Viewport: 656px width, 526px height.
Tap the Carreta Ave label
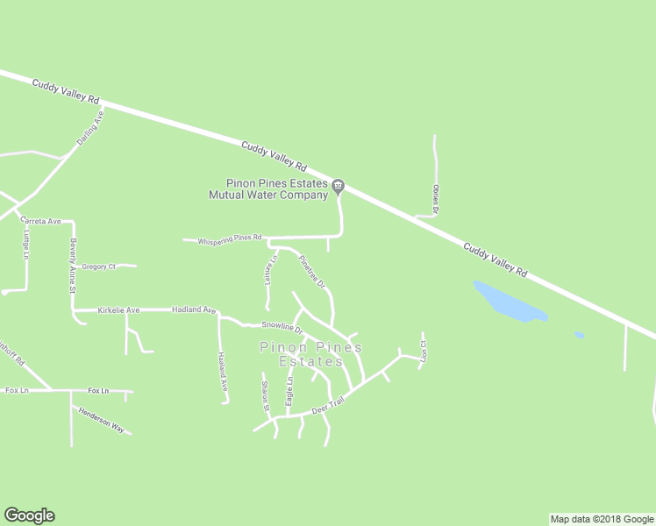pyautogui.click(x=41, y=222)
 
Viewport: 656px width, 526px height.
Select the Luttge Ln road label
pyautogui.click(x=27, y=244)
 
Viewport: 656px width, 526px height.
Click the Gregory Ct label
pyautogui.click(x=98, y=267)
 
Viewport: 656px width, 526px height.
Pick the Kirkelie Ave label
pyautogui.click(x=118, y=310)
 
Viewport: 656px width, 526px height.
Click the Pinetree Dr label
pyautogui.click(x=312, y=272)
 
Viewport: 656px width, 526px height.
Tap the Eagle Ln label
pyautogui.click(x=289, y=391)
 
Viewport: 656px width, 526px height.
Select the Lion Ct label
pyautogui.click(x=424, y=350)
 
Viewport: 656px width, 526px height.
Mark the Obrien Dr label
pyautogui.click(x=435, y=199)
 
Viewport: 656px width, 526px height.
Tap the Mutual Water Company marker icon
pyautogui.click(x=339, y=186)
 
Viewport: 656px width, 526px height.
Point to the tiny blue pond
pyautogui.click(x=579, y=335)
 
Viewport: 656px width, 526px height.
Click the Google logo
pyautogui.click(x=29, y=515)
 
